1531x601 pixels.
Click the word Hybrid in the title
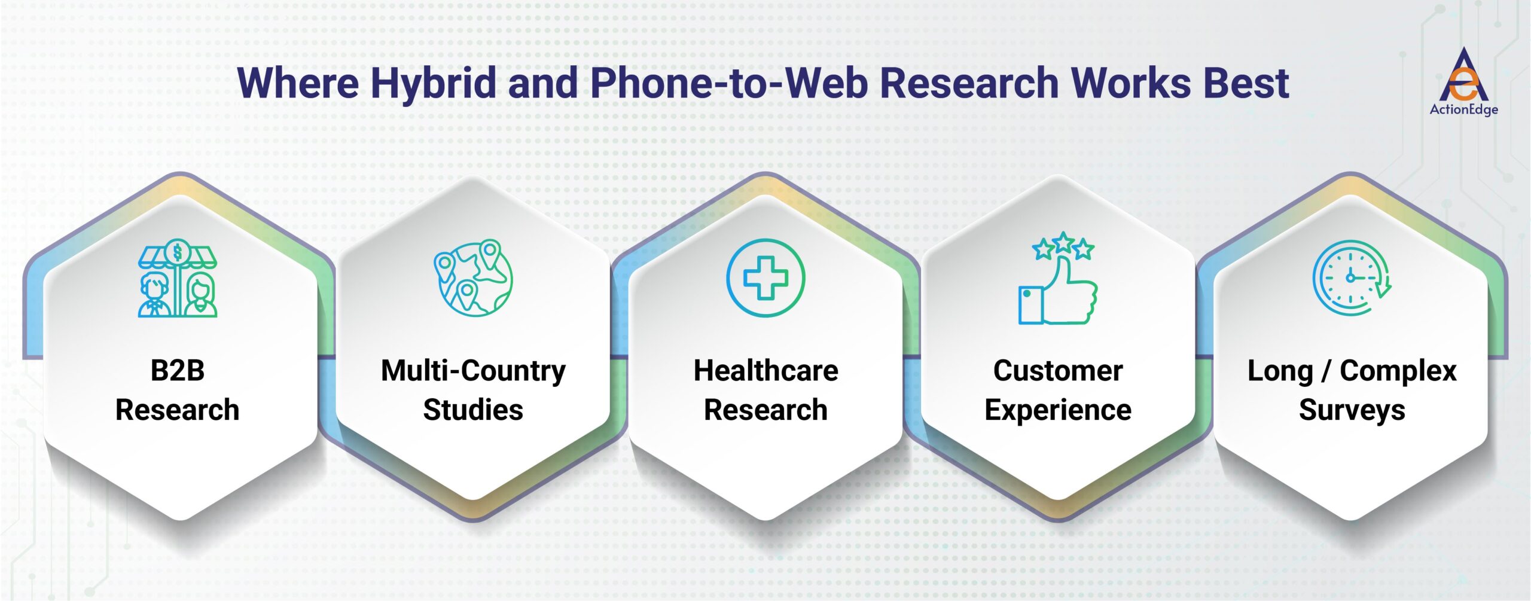(433, 83)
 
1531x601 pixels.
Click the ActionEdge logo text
(1463, 109)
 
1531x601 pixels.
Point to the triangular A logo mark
(1463, 77)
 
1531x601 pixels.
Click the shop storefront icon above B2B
(178, 278)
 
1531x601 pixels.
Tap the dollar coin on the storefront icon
(177, 252)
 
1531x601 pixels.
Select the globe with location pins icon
(473, 278)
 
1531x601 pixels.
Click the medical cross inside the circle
(765, 278)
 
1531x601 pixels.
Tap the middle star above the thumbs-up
(1063, 242)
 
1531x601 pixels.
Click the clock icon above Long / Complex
(1351, 278)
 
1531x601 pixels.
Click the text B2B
(178, 371)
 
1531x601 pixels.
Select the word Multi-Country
(473, 371)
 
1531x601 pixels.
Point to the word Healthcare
(765, 371)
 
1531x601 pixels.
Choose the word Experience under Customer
(1058, 410)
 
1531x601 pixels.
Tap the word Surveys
(1352, 410)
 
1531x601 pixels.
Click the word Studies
(473, 410)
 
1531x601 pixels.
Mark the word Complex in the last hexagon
(1398, 371)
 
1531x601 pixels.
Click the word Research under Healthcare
(765, 410)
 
